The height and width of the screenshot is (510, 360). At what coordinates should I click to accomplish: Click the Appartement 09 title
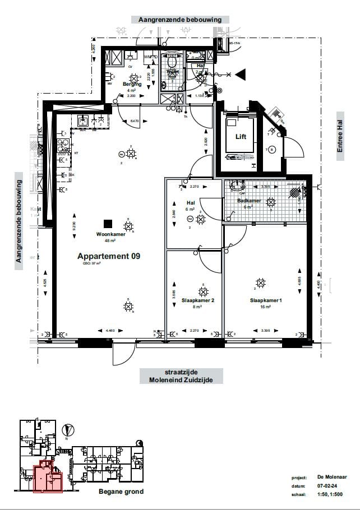(109, 256)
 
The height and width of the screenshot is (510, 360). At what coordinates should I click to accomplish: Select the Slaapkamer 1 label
(265, 300)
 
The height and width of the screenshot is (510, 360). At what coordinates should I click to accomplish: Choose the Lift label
(241, 137)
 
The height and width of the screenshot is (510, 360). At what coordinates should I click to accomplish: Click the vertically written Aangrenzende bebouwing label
(19, 221)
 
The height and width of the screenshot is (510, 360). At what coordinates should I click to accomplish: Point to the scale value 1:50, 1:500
(330, 495)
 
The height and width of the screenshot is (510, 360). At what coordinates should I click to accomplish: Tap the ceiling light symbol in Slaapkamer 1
(260, 282)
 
